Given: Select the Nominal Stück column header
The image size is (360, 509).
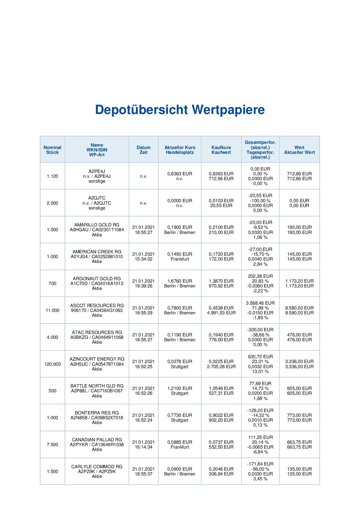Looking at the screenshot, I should [52, 150].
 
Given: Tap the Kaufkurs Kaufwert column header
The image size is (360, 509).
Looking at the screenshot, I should [221, 150].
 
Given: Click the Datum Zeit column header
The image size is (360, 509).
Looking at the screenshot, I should [143, 150].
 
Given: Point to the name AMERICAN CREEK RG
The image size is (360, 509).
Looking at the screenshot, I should [97, 252].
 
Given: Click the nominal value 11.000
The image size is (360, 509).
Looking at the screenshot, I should [52, 310].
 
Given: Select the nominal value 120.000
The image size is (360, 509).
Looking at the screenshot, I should [52, 364].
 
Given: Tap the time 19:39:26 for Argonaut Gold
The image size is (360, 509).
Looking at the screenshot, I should [143, 286].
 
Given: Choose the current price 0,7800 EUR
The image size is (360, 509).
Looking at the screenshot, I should [180, 308].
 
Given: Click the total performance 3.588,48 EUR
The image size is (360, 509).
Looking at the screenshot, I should [260, 303].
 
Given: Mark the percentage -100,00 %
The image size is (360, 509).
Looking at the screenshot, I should [260, 201].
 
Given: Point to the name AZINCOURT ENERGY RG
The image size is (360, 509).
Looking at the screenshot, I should [97, 359].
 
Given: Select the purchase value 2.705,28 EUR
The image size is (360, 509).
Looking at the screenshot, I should [221, 367].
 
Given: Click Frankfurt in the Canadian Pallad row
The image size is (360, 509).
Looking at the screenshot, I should [180, 447].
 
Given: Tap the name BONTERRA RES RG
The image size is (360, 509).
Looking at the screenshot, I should [97, 413].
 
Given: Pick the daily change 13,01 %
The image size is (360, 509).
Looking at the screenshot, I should [260, 371].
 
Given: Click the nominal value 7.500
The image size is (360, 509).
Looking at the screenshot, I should [52, 445].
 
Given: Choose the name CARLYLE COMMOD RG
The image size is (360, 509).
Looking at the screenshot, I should [97, 467].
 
